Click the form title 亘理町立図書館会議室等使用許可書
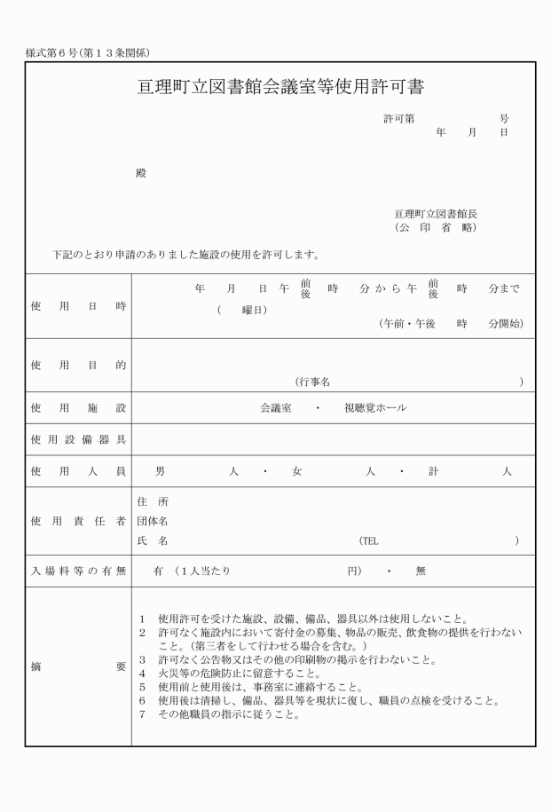pyautogui.click(x=280, y=87)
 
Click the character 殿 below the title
pyautogui.click(x=140, y=173)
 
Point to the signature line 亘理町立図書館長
pyautogui.click(x=436, y=214)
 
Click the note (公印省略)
pyautogui.click(x=436, y=228)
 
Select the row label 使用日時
pyautogui.click(x=78, y=306)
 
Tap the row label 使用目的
pyautogui.click(x=78, y=365)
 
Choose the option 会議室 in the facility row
pyautogui.click(x=276, y=408)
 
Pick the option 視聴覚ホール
pyautogui.click(x=375, y=408)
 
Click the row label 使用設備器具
pyautogui.click(x=78, y=439)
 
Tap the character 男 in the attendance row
pyautogui.click(x=160, y=472)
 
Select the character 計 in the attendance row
pyautogui.click(x=433, y=472)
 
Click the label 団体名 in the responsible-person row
pyautogui.click(x=153, y=521)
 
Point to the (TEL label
pyautogui.click(x=368, y=540)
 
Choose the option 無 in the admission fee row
pyautogui.click(x=421, y=572)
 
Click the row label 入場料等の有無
pyautogui.click(x=78, y=572)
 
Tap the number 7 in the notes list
pyautogui.click(x=143, y=715)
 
